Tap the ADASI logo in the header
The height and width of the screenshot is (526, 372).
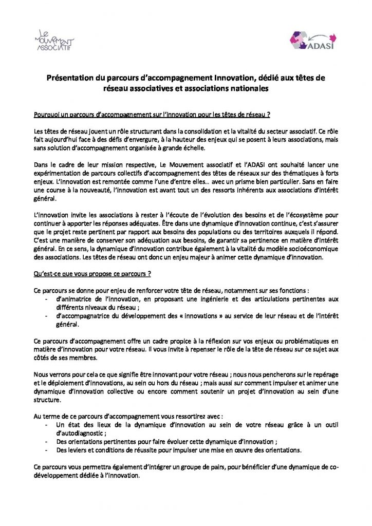coord(309,41)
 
